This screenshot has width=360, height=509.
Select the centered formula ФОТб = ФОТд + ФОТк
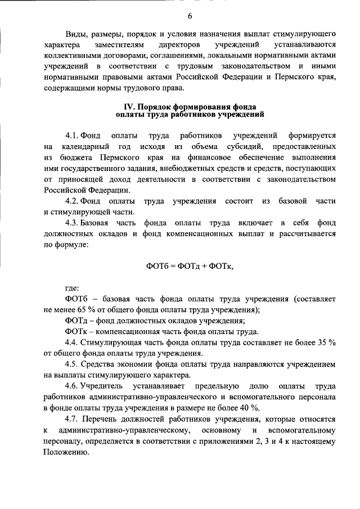[x=190, y=265]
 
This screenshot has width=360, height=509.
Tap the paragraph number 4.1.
[x=72, y=136]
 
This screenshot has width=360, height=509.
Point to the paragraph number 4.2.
[x=72, y=201]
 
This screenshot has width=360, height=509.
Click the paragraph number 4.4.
[x=72, y=342]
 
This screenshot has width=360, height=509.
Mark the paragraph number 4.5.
[x=72, y=364]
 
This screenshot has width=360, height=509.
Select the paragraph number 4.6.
[x=72, y=386]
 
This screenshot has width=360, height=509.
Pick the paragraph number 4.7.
[x=72, y=420]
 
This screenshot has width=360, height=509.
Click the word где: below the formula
[x=72, y=287]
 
